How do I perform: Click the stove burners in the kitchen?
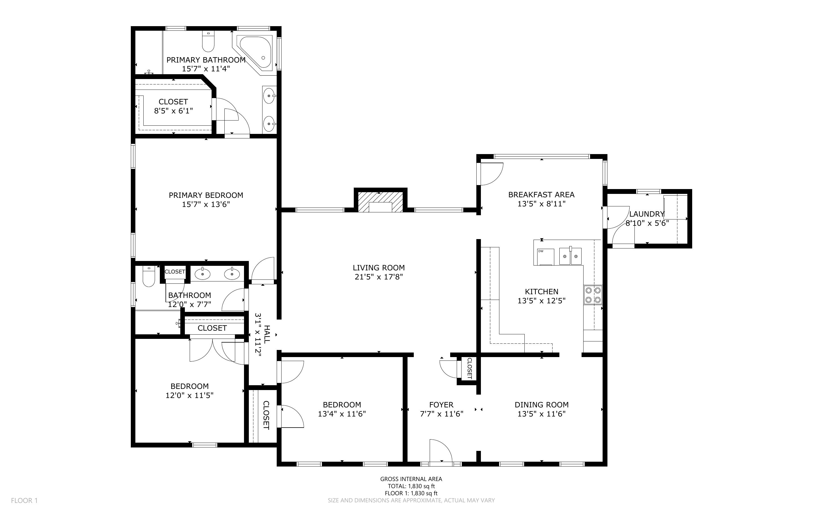(x=593, y=295)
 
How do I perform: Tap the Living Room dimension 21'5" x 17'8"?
(x=379, y=277)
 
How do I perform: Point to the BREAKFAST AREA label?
(x=541, y=194)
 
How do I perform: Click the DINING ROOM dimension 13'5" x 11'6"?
(x=541, y=414)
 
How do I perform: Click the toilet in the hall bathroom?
(x=148, y=276)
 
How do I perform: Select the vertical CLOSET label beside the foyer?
(x=470, y=368)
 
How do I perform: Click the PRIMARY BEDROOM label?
(x=206, y=195)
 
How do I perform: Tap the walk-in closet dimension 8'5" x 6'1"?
(x=173, y=111)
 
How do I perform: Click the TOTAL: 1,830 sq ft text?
(x=411, y=486)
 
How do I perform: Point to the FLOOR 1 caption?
(x=24, y=500)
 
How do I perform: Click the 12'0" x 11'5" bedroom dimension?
(x=189, y=395)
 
